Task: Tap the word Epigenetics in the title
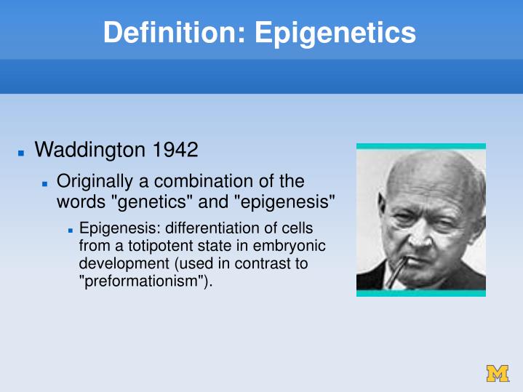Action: coord(335,33)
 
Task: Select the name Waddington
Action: coord(89,151)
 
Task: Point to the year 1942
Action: coord(174,151)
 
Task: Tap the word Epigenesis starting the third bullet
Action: coord(119,228)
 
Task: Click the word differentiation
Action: coord(211,228)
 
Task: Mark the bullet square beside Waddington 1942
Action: coord(22,153)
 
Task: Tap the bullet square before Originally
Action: coord(45,183)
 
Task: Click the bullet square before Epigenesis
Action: coord(71,230)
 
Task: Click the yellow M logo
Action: coord(498,373)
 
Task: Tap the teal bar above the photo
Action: coord(420,146)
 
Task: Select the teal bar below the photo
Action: coord(420,293)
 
